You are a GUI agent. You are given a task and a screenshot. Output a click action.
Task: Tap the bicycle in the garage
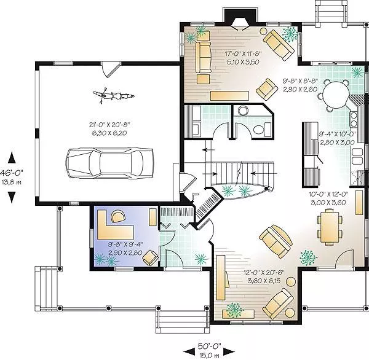pos(114,95)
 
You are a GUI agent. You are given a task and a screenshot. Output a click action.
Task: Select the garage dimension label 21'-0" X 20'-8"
pos(109,124)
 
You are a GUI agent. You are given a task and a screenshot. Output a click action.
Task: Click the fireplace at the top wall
pos(240,20)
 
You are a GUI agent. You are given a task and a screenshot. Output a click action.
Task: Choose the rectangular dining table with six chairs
pos(330,227)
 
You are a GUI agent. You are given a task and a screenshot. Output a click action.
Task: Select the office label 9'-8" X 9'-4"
pos(125,245)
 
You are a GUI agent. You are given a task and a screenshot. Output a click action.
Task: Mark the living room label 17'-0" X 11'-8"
pos(243,53)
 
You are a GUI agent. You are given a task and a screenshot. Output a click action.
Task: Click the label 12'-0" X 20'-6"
pos(264,273)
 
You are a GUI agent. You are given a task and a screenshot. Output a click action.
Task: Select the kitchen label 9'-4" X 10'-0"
pos(337,134)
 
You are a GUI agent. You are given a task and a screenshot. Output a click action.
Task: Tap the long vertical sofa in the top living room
pos(204,57)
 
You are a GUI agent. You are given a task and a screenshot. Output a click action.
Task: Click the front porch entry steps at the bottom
pos(183,322)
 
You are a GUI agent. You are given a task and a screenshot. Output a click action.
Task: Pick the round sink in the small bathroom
pos(243,111)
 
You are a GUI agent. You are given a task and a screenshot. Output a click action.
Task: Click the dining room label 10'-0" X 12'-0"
pos(328,194)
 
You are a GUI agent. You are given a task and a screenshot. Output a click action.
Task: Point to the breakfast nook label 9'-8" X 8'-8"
pos(300,81)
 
